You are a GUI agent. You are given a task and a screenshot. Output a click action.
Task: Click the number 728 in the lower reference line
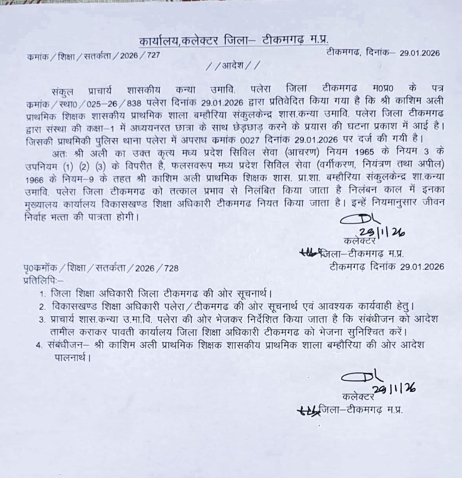(171, 268)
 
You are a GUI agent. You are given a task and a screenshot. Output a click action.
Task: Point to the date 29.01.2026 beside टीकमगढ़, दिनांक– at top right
(420, 53)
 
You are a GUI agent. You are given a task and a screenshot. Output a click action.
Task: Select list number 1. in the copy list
(43, 294)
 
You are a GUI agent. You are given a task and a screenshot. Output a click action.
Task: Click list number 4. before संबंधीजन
(38, 346)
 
